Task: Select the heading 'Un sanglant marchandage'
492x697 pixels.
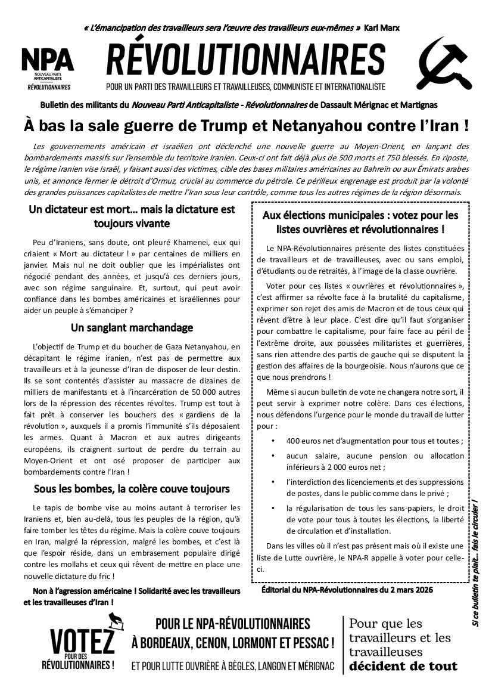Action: pyautogui.click(x=132, y=327)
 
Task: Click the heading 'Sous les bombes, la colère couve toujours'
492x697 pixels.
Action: pyautogui.click(x=132, y=489)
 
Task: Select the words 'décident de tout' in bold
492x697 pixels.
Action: pyautogui.click(x=403, y=666)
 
